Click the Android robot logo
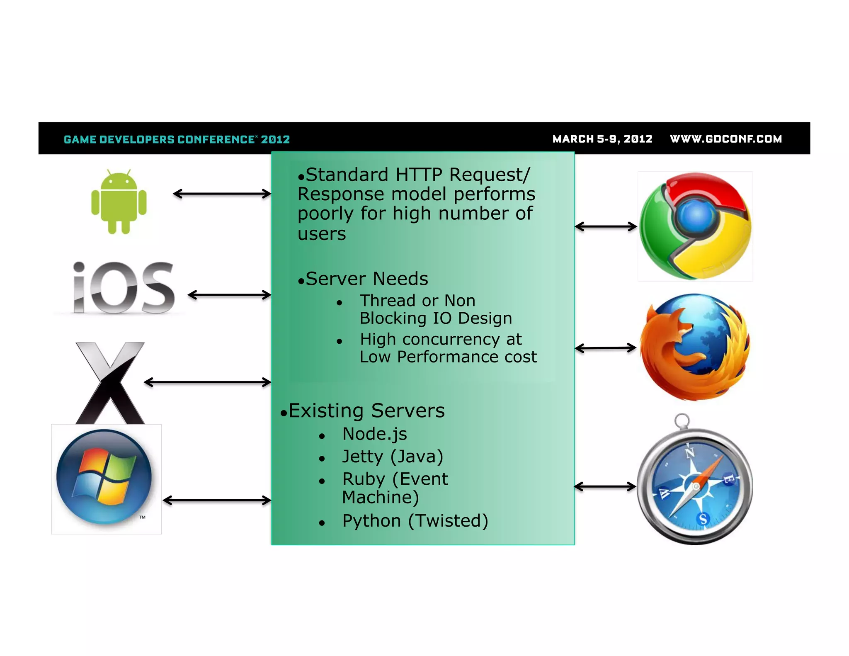tap(119, 202)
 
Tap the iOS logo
tap(124, 287)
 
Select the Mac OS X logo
tap(110, 382)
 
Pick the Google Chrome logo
tap(695, 226)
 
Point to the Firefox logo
tap(695, 347)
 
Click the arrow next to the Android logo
tap(222, 194)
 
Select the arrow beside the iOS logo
tap(229, 295)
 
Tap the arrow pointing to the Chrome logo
tap(606, 226)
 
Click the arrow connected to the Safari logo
tap(605, 486)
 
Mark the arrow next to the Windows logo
tap(217, 501)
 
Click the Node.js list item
tap(374, 434)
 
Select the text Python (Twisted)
tap(415, 521)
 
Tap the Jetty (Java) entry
tap(393, 457)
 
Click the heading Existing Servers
tap(366, 411)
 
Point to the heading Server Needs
tap(366, 279)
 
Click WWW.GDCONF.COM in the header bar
tap(726, 139)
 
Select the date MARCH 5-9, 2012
tap(602, 139)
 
